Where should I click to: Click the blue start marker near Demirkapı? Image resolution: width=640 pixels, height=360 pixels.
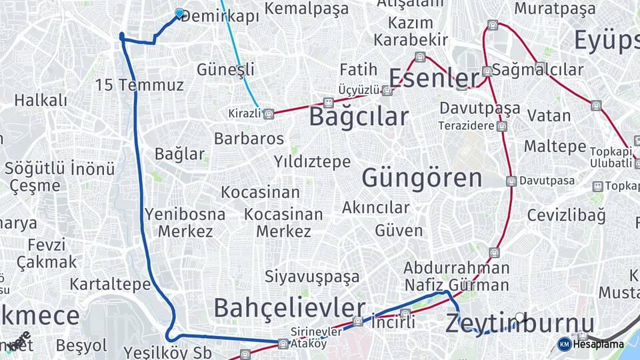pos(179,13)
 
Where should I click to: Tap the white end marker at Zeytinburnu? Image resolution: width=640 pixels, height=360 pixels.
pos(520,317)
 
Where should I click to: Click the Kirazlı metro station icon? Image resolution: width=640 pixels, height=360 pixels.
pos(268,114)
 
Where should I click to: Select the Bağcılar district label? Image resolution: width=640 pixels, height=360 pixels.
pos(359,117)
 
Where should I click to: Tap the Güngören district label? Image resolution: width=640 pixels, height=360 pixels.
pos(421,178)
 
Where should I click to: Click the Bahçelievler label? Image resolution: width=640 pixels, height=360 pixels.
pos(289,308)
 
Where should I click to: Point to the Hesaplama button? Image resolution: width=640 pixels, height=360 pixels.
pos(591,344)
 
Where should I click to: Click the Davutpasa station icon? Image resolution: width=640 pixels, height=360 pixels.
pos(511,181)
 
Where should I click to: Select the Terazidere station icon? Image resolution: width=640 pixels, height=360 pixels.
pos(501,126)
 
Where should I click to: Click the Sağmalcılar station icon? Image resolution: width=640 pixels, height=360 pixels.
pos(487,71)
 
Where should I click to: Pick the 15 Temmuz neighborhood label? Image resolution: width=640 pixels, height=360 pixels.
pos(139,85)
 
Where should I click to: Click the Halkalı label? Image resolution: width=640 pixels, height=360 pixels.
pos(41,101)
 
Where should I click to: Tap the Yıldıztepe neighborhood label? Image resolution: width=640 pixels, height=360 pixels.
pos(312,161)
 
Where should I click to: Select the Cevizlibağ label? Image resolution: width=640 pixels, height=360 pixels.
pos(566,215)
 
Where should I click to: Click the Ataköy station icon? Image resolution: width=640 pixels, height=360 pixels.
pos(283,344)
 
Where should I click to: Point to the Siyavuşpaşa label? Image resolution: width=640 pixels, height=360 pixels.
pos(312,276)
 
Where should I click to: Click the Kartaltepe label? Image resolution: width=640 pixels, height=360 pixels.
pos(110,285)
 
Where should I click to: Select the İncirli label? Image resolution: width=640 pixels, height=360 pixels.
pos(393,322)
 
